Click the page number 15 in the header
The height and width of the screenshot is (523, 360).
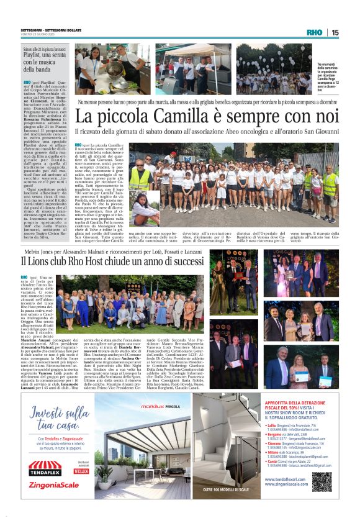(x=335, y=32)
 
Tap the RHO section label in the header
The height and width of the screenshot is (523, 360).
(x=315, y=32)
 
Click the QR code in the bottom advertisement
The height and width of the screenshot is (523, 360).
(x=322, y=481)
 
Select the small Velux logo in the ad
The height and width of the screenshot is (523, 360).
(x=81, y=471)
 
